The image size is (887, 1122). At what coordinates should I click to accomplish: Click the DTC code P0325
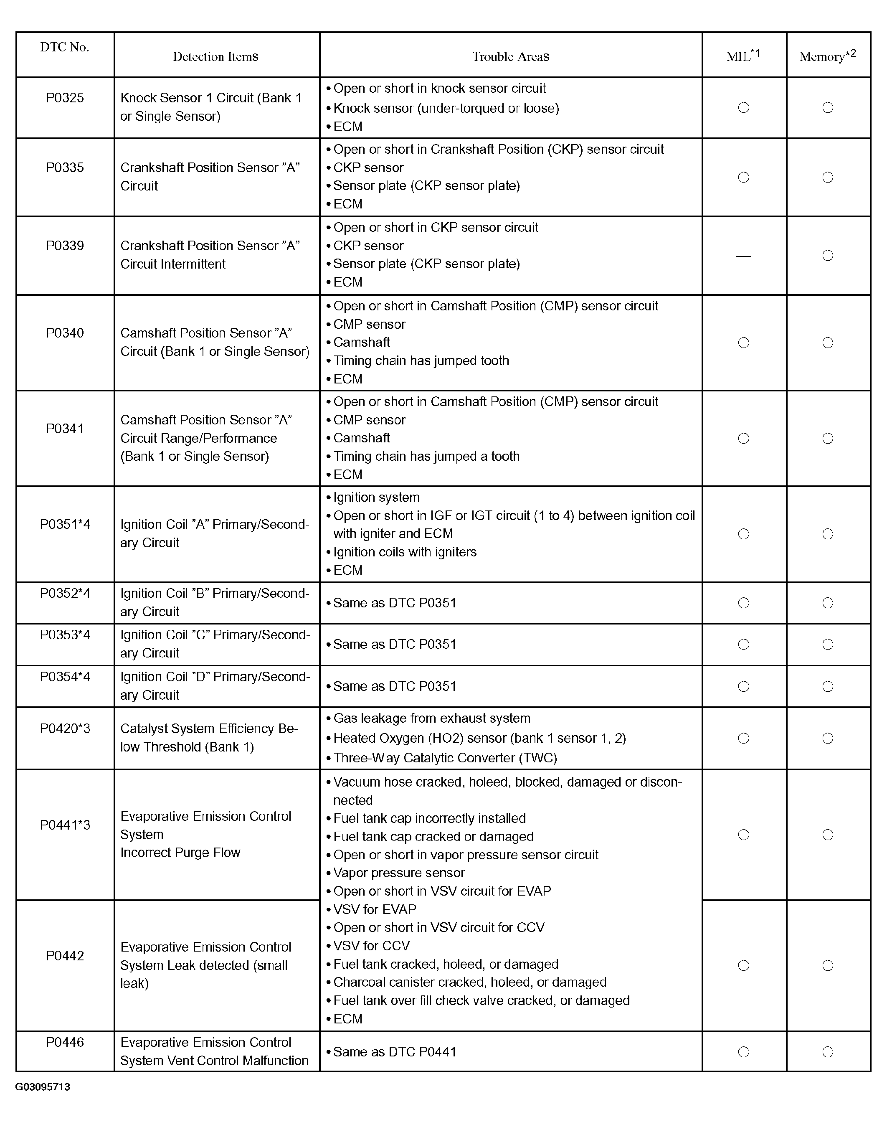coord(65,98)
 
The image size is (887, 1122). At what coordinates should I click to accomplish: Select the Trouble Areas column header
coord(510,57)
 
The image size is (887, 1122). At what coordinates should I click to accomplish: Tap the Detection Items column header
coord(215,57)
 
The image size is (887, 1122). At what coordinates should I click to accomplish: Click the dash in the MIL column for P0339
coord(743,256)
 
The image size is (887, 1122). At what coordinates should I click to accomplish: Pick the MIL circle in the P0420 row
coord(743,738)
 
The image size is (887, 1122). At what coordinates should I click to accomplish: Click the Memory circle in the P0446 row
coord(828,1052)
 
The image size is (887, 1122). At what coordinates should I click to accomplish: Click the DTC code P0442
coord(65,956)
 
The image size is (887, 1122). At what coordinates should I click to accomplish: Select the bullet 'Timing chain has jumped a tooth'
coord(426,457)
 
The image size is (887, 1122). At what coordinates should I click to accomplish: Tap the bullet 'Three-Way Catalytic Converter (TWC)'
coord(444,758)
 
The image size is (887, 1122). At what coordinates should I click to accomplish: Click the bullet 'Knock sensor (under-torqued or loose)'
coord(446,108)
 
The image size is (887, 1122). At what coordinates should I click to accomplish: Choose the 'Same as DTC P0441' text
coord(394,1052)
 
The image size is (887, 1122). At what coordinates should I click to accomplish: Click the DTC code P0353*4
coord(65,635)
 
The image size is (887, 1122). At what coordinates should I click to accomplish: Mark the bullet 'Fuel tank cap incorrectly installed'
coord(429,818)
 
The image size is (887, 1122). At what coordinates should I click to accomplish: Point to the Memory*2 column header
coord(827,56)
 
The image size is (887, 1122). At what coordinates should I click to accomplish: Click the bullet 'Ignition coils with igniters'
coord(405,552)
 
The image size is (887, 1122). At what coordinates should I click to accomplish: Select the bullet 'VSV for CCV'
coord(371,945)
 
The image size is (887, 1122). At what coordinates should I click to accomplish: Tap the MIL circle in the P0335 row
coord(743,178)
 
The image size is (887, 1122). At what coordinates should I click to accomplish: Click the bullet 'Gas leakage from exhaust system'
coord(431,718)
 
